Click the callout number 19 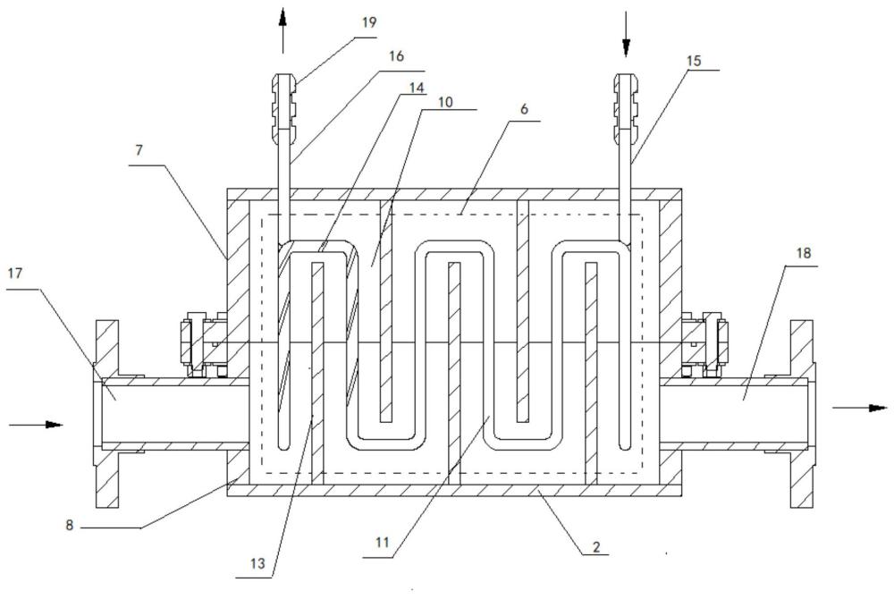369,23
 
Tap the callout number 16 396,55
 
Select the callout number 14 417,88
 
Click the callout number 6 524,109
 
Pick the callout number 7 139,150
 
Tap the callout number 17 15,274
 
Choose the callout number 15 694,61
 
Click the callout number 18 804,252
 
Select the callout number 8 69,525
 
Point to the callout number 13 257,563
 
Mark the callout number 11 382,542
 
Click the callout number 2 596,547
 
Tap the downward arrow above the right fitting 626,34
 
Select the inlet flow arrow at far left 36,425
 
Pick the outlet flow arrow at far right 860,408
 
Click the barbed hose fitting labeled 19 283,107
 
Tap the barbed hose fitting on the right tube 626,107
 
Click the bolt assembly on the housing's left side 202,345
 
